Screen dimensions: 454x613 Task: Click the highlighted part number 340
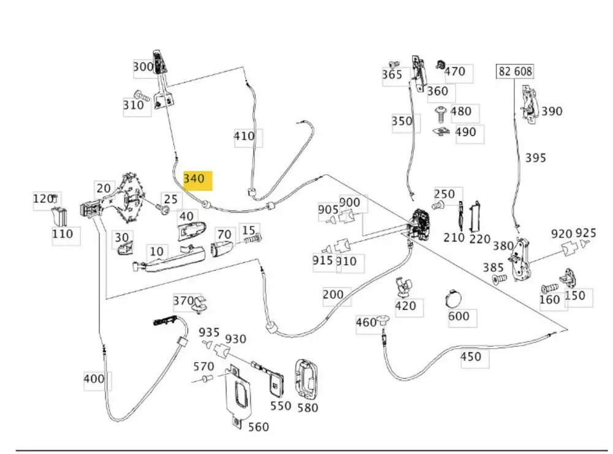tap(194, 179)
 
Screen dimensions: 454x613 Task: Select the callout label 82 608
tap(514, 72)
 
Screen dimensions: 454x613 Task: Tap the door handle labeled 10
tap(168, 258)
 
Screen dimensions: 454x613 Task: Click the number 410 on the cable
tap(245, 136)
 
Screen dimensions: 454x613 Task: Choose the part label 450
tap(470, 357)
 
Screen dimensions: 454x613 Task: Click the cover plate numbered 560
tap(235, 393)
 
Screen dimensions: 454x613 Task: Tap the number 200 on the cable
tap(333, 295)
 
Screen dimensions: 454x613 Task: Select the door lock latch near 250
tap(422, 223)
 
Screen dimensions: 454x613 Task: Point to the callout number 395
tap(535, 158)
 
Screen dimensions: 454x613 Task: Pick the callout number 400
tap(94, 379)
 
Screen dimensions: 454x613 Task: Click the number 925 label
tap(585, 233)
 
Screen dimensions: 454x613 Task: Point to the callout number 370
tap(183, 301)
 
